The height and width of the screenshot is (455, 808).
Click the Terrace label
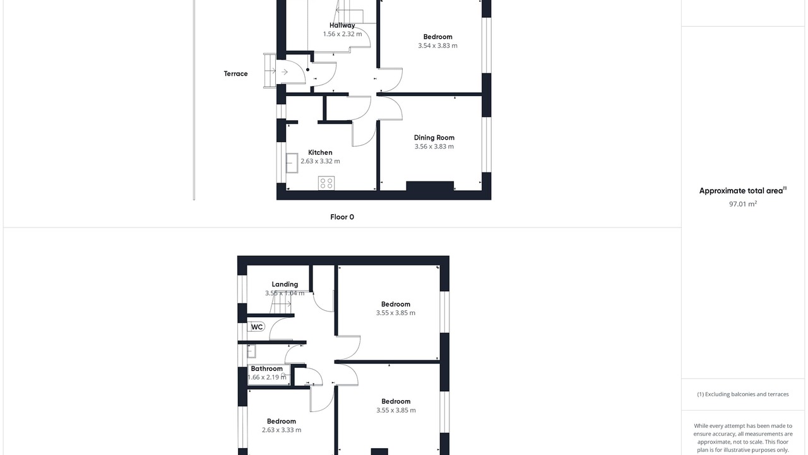coord(235,74)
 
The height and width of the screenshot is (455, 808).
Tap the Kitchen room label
coord(320,152)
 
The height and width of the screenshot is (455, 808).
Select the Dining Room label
coord(434,138)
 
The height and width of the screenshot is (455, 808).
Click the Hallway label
coord(342,25)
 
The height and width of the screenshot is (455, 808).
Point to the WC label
coord(257,327)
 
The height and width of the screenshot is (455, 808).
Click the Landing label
coord(285,284)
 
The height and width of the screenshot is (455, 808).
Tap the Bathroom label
coord(266,368)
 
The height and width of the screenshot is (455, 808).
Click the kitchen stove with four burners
coord(326,183)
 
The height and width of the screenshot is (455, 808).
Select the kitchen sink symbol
coord(292,163)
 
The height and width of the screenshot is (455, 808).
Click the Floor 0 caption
coord(342,217)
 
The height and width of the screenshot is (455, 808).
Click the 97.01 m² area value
coord(743,204)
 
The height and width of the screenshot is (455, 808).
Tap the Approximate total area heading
coord(743,191)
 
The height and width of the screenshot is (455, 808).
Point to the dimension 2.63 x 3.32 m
coord(320,161)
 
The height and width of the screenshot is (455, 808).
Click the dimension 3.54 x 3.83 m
coord(437,45)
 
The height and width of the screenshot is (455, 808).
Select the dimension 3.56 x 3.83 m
coord(434,146)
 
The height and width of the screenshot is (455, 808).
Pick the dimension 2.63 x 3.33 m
coord(282,430)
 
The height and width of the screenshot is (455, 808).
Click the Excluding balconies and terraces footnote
coord(743,394)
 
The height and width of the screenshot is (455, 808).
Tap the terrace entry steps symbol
coord(270,71)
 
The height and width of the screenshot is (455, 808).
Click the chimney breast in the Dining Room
coord(430,186)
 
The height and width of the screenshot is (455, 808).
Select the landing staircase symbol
coord(281,303)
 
